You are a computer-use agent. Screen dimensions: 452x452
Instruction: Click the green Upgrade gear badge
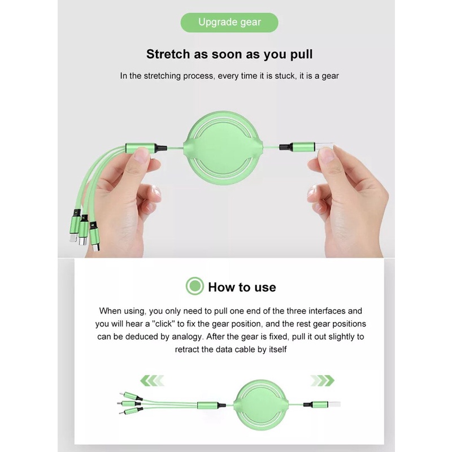coord(229,23)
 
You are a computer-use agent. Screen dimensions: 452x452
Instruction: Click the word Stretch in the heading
coord(168,54)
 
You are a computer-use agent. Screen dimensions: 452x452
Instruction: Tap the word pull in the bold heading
coord(301,55)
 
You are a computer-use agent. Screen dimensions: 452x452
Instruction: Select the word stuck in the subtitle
coord(285,76)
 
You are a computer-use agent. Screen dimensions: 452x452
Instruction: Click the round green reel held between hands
coord(223,148)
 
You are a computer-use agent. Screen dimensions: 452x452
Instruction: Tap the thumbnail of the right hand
coord(326,153)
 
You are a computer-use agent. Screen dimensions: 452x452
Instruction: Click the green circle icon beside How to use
coord(194,286)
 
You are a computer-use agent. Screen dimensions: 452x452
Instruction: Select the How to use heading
coord(242,287)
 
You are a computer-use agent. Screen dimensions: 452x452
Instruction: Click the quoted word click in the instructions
coord(163,324)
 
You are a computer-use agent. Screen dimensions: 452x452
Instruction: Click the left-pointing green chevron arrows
coord(152,380)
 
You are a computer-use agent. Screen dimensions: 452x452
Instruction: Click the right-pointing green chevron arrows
coord(322,380)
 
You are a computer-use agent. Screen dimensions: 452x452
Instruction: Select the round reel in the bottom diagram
coord(260,405)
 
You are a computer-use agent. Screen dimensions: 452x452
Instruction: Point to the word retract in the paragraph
coord(187,349)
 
